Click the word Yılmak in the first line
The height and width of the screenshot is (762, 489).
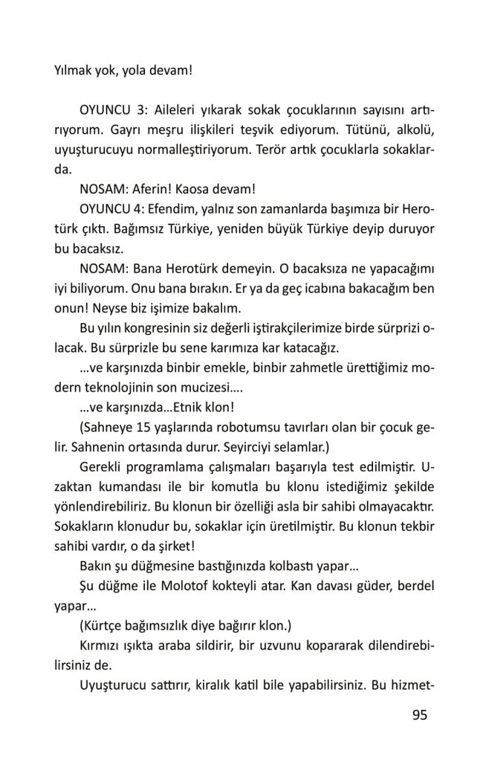pos(74,71)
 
